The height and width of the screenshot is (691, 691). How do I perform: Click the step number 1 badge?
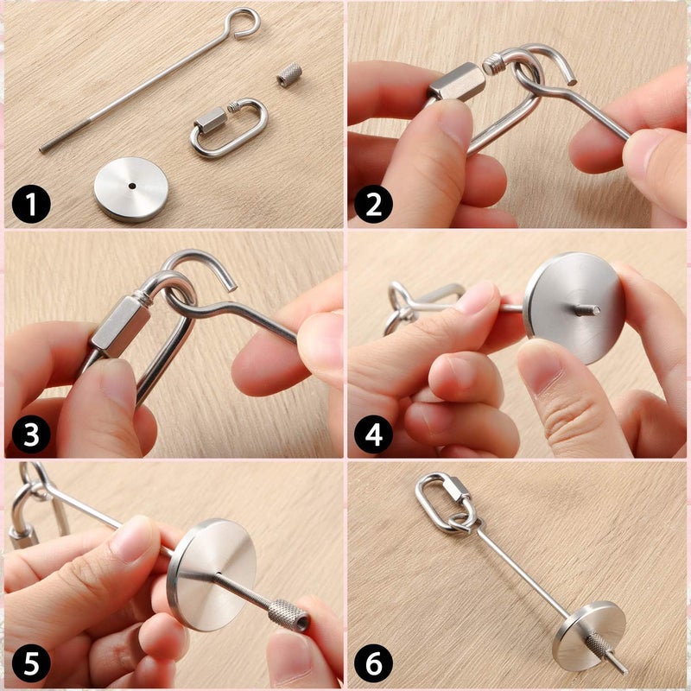(x=31, y=204)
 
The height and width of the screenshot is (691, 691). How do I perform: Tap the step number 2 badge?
(x=374, y=204)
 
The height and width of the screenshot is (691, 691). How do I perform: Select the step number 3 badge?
(x=31, y=434)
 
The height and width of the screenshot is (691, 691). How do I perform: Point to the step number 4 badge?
(x=374, y=434)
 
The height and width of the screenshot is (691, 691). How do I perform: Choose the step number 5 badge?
(x=31, y=663)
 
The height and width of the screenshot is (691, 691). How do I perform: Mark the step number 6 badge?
(x=374, y=663)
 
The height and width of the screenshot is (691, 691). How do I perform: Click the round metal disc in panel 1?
(x=131, y=189)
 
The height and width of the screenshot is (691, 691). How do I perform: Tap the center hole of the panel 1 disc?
(x=132, y=186)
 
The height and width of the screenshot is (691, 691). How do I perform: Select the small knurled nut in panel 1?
(x=289, y=74)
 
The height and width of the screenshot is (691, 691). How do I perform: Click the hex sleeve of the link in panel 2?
(x=457, y=82)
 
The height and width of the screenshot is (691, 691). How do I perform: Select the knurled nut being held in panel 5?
(x=288, y=613)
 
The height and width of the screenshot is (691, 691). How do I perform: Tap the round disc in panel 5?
(x=211, y=575)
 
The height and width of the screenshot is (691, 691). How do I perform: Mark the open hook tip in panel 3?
(x=231, y=288)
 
